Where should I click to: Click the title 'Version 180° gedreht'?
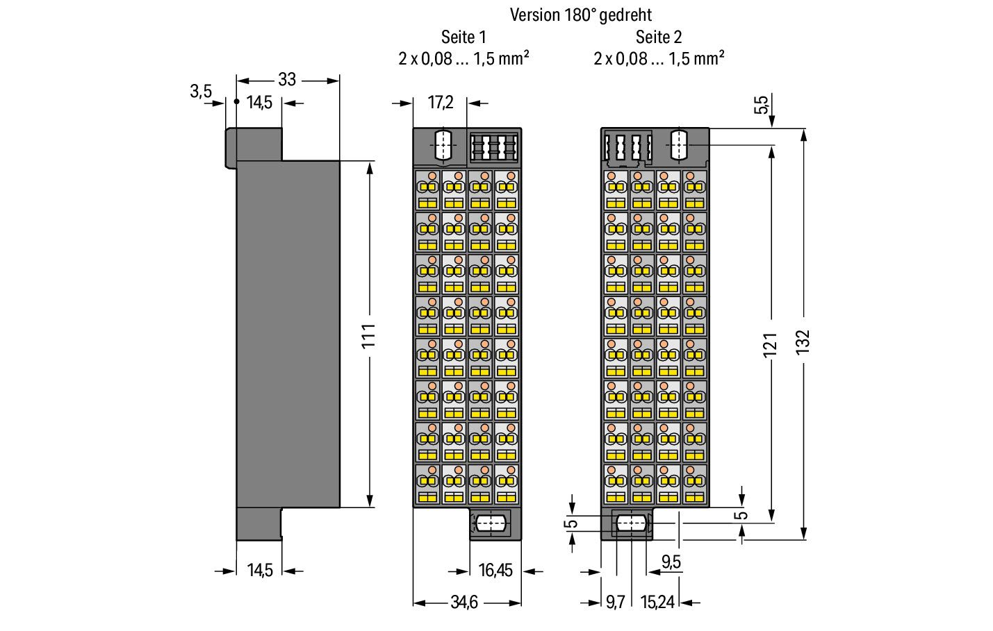(580, 15)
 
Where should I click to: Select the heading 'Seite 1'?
(463, 37)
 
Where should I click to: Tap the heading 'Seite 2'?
(659, 37)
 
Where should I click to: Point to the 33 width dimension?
(287, 79)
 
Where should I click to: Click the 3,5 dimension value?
(201, 91)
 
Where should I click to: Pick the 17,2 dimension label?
(441, 103)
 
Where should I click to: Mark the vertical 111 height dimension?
(369, 335)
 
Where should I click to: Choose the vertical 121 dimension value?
(770, 345)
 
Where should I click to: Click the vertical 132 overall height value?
(803, 342)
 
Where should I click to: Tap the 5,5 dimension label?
(762, 104)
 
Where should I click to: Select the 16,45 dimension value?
(495, 571)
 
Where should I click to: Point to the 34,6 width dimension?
(463, 603)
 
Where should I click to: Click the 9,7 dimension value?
(615, 603)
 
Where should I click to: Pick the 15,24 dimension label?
(657, 603)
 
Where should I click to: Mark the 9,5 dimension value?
(671, 562)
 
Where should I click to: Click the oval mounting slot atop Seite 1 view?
(441, 145)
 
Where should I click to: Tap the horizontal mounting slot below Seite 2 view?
(630, 523)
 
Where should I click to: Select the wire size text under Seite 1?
(463, 58)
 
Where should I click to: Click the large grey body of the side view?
(288, 333)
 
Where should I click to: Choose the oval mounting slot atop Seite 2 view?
(680, 145)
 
